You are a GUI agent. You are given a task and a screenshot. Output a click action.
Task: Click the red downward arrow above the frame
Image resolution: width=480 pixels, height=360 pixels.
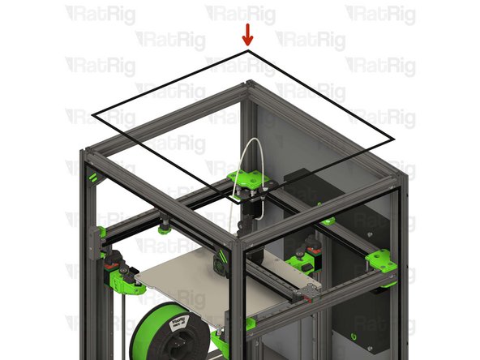pos(247,35)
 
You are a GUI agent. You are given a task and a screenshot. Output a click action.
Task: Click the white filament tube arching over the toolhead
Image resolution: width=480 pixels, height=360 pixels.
pos(245,159)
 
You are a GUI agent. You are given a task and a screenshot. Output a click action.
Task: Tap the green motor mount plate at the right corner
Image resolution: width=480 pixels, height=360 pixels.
pos(380,261)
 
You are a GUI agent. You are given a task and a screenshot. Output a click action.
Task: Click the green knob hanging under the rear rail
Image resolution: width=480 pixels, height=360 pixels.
pos(165,229)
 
